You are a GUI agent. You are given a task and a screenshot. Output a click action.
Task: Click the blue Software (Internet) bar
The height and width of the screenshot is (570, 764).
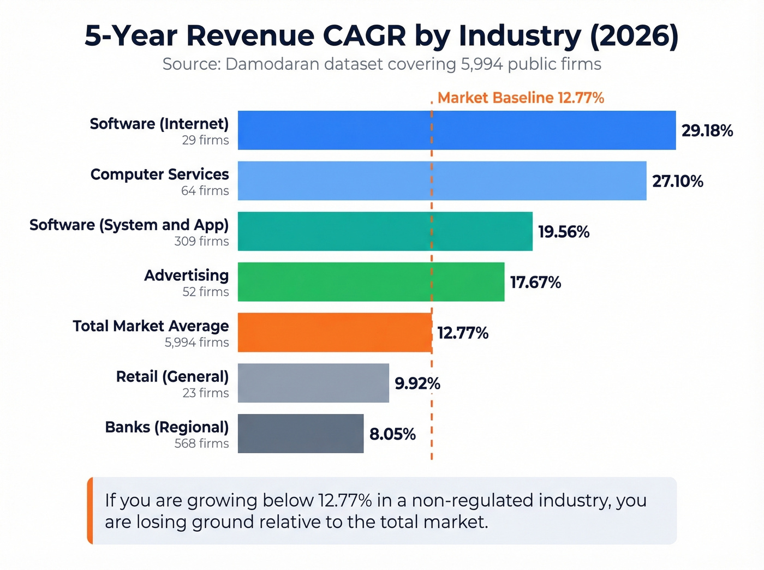(457, 130)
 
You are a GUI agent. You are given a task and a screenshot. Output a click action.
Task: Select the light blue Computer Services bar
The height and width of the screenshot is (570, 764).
(442, 181)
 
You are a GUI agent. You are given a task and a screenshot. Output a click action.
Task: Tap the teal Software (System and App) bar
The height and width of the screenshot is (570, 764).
(385, 231)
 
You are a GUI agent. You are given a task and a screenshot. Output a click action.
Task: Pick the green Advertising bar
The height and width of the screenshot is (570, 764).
(371, 282)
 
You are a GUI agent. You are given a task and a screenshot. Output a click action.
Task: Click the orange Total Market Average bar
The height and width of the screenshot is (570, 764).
(335, 332)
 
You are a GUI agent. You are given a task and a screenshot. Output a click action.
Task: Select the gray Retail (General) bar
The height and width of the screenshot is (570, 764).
(313, 383)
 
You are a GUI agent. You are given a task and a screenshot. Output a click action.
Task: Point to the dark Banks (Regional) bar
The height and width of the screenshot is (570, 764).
(301, 434)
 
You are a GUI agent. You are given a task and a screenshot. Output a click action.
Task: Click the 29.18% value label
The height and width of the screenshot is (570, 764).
(707, 131)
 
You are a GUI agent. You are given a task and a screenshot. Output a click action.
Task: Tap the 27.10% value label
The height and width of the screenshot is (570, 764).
(677, 181)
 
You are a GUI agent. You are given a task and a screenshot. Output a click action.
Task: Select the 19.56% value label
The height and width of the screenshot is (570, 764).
(563, 232)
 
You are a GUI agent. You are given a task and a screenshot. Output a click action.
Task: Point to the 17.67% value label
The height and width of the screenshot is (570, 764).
(535, 283)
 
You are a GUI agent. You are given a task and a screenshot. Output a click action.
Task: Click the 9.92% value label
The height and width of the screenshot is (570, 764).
(417, 383)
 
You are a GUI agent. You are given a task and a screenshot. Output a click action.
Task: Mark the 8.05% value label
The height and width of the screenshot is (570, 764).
(392, 434)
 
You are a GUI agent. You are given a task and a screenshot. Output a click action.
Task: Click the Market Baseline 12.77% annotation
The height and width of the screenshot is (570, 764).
(520, 98)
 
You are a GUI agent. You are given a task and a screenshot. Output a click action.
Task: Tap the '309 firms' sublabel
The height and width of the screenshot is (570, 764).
(201, 241)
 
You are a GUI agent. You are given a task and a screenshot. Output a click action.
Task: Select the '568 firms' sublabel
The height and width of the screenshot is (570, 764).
(201, 443)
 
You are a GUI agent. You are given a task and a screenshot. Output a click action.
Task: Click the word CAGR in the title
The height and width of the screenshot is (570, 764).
(364, 36)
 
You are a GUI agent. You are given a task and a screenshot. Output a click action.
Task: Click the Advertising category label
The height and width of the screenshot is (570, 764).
(186, 275)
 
